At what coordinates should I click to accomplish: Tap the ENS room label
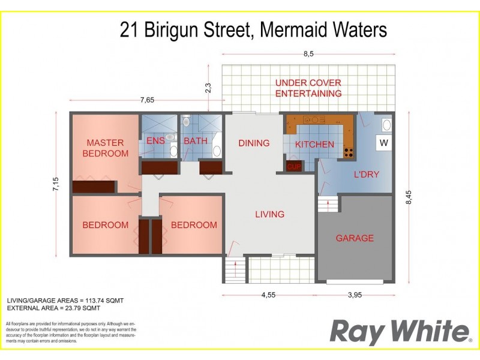(x=155, y=141)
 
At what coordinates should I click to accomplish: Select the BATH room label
(x=195, y=141)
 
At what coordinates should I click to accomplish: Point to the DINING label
(x=254, y=143)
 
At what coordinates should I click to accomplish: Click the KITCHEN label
(x=314, y=144)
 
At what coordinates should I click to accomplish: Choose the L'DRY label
(x=366, y=175)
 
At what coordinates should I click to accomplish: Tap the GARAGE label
(x=355, y=238)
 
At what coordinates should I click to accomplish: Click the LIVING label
(x=269, y=214)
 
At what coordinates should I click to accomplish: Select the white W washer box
(x=384, y=143)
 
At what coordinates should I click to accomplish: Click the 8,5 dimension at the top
(x=308, y=54)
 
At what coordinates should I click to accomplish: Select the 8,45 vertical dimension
(x=409, y=197)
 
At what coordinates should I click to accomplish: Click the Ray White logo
(x=399, y=331)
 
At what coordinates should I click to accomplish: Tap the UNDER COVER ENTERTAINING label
(x=308, y=88)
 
